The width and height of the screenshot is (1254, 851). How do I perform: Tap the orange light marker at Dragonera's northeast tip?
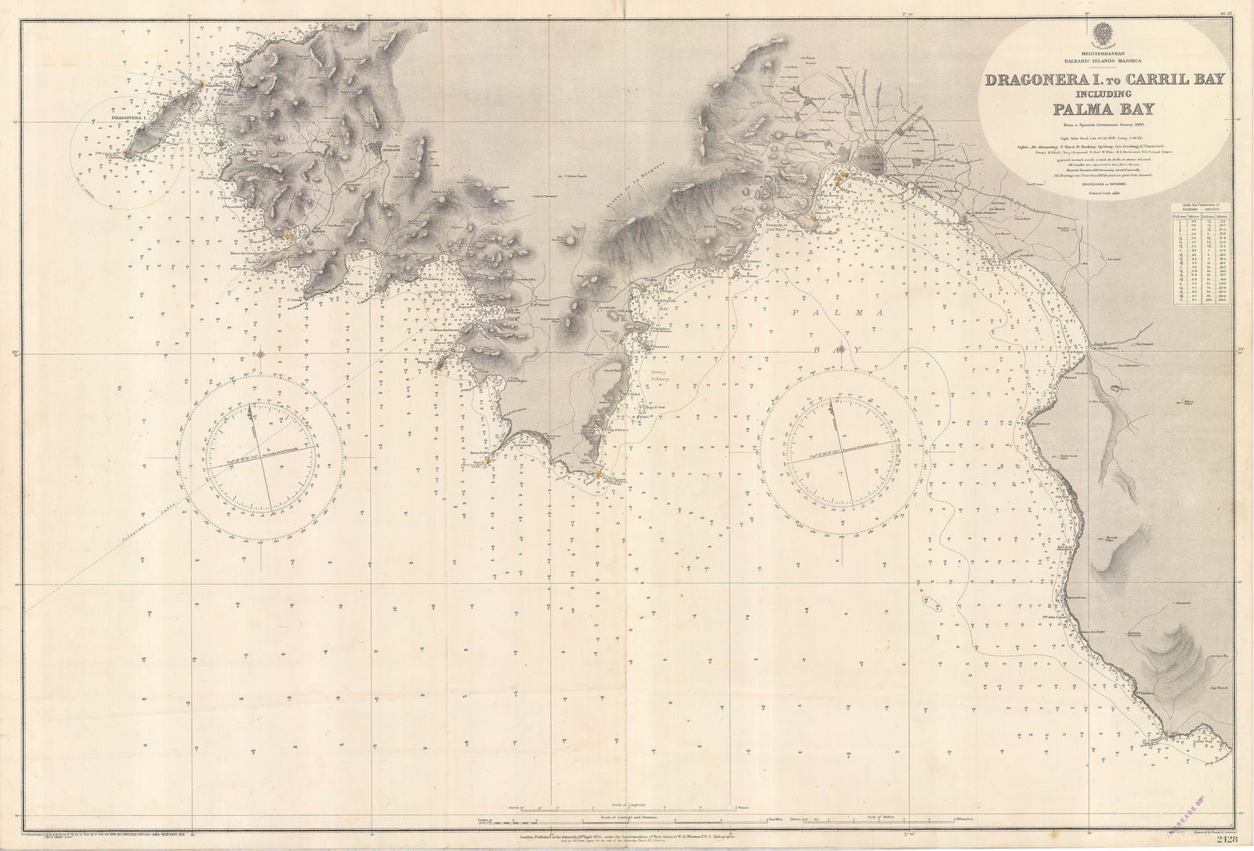point(201,82)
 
